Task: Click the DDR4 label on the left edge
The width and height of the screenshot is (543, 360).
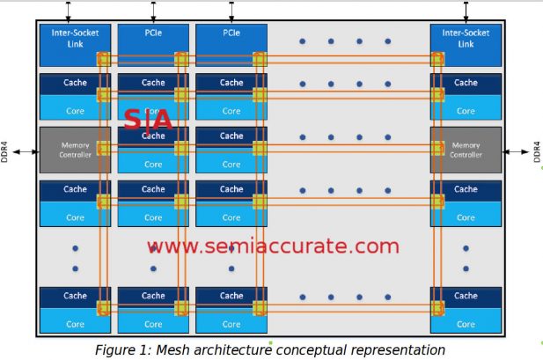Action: [8, 151]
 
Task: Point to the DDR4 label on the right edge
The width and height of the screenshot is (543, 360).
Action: [536, 151]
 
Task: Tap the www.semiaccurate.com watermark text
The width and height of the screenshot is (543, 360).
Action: [273, 246]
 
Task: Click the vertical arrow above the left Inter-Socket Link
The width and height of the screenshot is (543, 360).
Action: [68, 12]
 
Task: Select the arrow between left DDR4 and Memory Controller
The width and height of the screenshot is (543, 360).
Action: [26, 151]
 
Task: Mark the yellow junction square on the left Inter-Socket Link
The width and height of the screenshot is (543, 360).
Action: [103, 59]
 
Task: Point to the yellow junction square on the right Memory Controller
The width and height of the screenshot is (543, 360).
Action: [437, 148]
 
